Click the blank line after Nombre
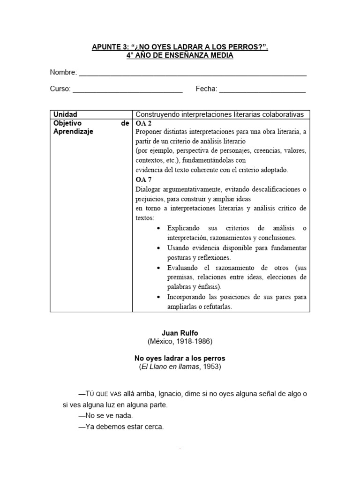[193, 74]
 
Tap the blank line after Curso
[127, 90]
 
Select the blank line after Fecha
[262, 90]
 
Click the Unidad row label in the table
[65, 114]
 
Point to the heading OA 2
[143, 123]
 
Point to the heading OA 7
[143, 180]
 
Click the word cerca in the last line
[154, 427]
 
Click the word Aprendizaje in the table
[73, 132]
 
